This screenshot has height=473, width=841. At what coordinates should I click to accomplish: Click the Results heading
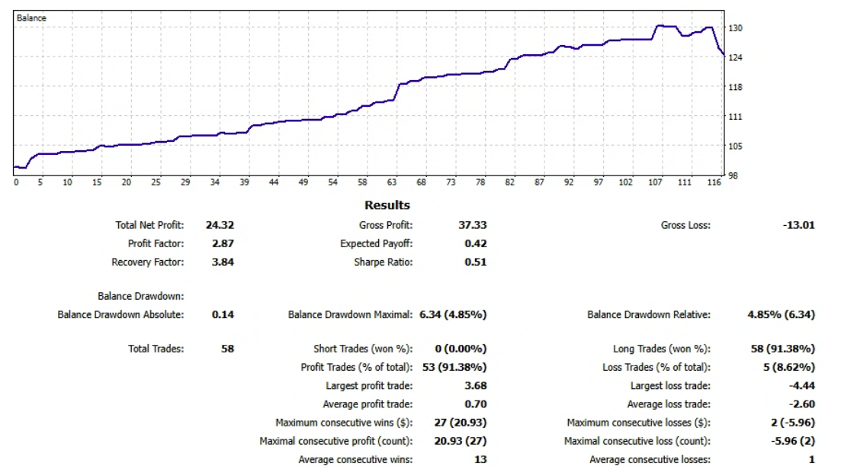click(387, 205)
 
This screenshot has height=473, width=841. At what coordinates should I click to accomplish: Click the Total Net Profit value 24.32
click(220, 225)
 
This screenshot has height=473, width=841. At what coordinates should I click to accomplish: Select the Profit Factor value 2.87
click(223, 243)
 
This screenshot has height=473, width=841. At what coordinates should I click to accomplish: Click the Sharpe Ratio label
click(383, 262)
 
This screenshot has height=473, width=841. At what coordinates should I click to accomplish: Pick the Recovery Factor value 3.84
click(223, 262)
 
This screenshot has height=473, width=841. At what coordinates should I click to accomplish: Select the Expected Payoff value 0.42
click(475, 243)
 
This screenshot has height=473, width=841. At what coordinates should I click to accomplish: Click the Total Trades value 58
click(227, 349)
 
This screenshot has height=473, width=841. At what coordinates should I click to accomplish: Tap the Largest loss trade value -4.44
click(800, 385)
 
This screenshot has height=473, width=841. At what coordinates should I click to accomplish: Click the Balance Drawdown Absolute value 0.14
click(223, 314)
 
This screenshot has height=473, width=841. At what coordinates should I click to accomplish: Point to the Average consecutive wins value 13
click(480, 459)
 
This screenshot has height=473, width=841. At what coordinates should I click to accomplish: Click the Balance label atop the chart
click(31, 18)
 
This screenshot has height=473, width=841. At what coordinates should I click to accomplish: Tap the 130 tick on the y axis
click(735, 28)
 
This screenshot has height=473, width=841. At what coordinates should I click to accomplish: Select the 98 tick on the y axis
click(733, 175)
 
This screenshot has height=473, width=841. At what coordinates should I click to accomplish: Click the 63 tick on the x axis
click(392, 182)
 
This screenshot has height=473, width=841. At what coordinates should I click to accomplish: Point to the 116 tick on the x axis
click(713, 182)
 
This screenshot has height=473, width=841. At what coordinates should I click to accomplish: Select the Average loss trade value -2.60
click(800, 404)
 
